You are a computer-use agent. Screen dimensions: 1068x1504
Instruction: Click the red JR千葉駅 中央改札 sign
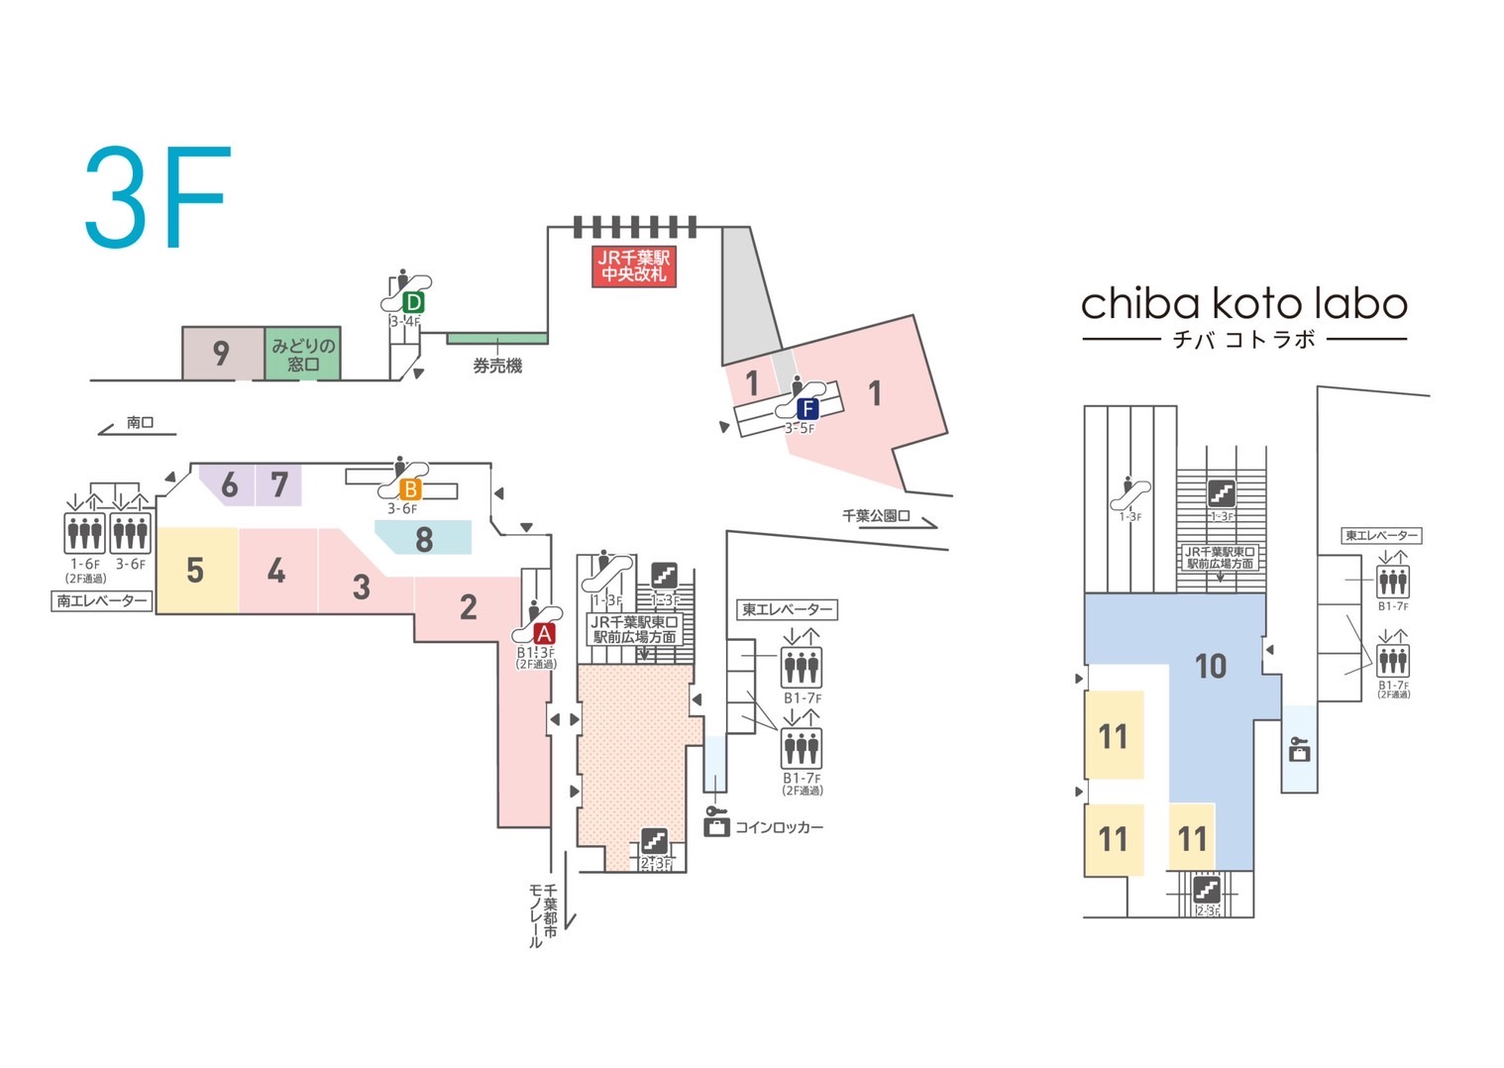pyautogui.click(x=634, y=266)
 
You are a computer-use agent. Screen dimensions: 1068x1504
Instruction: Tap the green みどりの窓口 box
pyautogui.click(x=303, y=354)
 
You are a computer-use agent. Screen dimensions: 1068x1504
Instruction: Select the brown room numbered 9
pyautogui.click(x=222, y=354)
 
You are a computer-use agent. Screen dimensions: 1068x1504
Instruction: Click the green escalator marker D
pyautogui.click(x=414, y=301)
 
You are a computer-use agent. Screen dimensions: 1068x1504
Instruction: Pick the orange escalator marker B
pyautogui.click(x=410, y=488)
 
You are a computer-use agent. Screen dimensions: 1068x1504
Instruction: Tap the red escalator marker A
pyautogui.click(x=544, y=634)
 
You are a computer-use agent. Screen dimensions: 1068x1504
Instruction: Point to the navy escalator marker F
pyautogui.click(x=808, y=408)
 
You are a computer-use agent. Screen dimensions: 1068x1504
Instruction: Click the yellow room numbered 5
pyautogui.click(x=196, y=571)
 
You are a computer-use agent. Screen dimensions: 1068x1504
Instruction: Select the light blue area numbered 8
pyautogui.click(x=424, y=539)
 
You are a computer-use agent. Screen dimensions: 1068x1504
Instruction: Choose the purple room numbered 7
pyautogui.click(x=279, y=484)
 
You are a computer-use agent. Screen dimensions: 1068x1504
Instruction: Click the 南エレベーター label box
pyautogui.click(x=102, y=600)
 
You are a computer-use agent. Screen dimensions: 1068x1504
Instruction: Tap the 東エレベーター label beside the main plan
pyautogui.click(x=788, y=609)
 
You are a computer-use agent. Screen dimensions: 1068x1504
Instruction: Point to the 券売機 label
pyautogui.click(x=497, y=367)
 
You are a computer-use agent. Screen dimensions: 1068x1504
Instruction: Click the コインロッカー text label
pyautogui.click(x=779, y=827)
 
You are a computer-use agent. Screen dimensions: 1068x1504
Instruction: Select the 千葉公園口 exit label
pyautogui.click(x=875, y=516)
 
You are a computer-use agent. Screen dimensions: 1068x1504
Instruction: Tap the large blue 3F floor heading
pyautogui.click(x=159, y=198)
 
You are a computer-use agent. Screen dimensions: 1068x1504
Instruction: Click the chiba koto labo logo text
pyautogui.click(x=1243, y=303)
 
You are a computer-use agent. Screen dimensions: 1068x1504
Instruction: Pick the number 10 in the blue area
pyautogui.click(x=1211, y=667)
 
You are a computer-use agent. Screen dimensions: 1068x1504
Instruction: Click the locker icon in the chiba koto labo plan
pyautogui.click(x=1299, y=749)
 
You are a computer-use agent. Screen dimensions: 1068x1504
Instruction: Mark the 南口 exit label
pyautogui.click(x=141, y=423)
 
